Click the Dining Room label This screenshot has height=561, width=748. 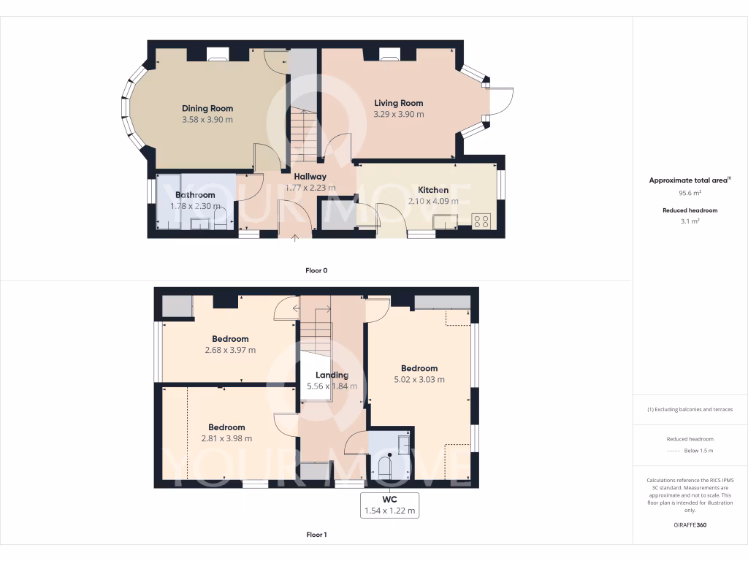(207, 109)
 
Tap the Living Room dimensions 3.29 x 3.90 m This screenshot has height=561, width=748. (398, 115)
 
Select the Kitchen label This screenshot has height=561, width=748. (432, 190)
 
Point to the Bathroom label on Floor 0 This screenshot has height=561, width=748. (195, 195)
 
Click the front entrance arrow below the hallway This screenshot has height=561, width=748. (295, 237)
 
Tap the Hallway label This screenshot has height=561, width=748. (310, 177)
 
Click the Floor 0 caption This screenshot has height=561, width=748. (316, 270)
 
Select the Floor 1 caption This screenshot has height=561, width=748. (316, 535)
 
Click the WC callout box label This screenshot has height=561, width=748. (390, 499)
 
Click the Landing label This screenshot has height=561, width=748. (332, 375)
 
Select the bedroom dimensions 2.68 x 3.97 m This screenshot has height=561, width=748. (230, 350)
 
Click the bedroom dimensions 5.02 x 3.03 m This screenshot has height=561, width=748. (419, 379)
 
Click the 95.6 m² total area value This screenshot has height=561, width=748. (690, 193)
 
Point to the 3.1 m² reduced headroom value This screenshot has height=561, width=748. (690, 221)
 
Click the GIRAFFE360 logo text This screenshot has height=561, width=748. (690, 524)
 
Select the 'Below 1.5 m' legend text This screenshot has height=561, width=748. (698, 451)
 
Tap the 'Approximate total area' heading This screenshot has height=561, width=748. (689, 180)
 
